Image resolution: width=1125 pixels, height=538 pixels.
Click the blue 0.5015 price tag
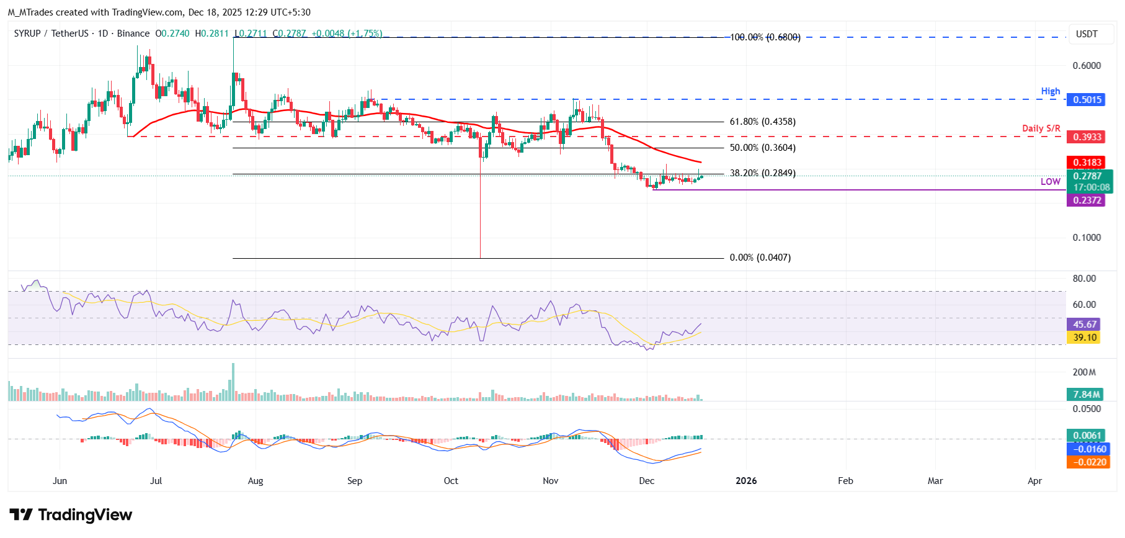[x=1087, y=100]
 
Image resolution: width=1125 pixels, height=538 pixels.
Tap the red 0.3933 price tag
[x=1087, y=137]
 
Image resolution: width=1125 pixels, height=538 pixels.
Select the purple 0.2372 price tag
[x=1087, y=200]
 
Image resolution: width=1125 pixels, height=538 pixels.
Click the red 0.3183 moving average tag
[x=1087, y=163]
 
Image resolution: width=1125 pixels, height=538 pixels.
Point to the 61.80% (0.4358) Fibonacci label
[x=762, y=122]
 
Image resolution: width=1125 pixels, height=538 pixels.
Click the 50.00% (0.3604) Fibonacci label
[x=762, y=148]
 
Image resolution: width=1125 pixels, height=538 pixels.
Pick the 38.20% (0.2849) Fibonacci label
[x=762, y=174]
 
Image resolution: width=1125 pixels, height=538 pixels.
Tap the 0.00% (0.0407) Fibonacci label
[x=760, y=258]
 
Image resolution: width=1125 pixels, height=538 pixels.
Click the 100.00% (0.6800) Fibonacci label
[x=765, y=38]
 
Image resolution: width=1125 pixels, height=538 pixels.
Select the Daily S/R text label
[x=1041, y=128]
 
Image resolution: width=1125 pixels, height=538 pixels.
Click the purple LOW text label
[x=1050, y=182]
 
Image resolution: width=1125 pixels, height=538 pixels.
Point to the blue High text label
[x=1050, y=91]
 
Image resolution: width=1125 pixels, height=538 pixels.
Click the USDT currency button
[x=1086, y=34]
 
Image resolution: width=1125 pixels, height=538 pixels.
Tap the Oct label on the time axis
[x=451, y=481]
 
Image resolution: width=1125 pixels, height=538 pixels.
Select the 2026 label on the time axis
[x=745, y=481]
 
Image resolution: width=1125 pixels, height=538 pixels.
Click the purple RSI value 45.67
[x=1085, y=325]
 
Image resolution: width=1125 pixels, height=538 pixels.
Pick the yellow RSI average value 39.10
[x=1085, y=338]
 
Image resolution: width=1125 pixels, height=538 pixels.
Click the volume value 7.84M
[x=1086, y=395]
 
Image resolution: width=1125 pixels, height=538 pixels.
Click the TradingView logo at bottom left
[x=71, y=515]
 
